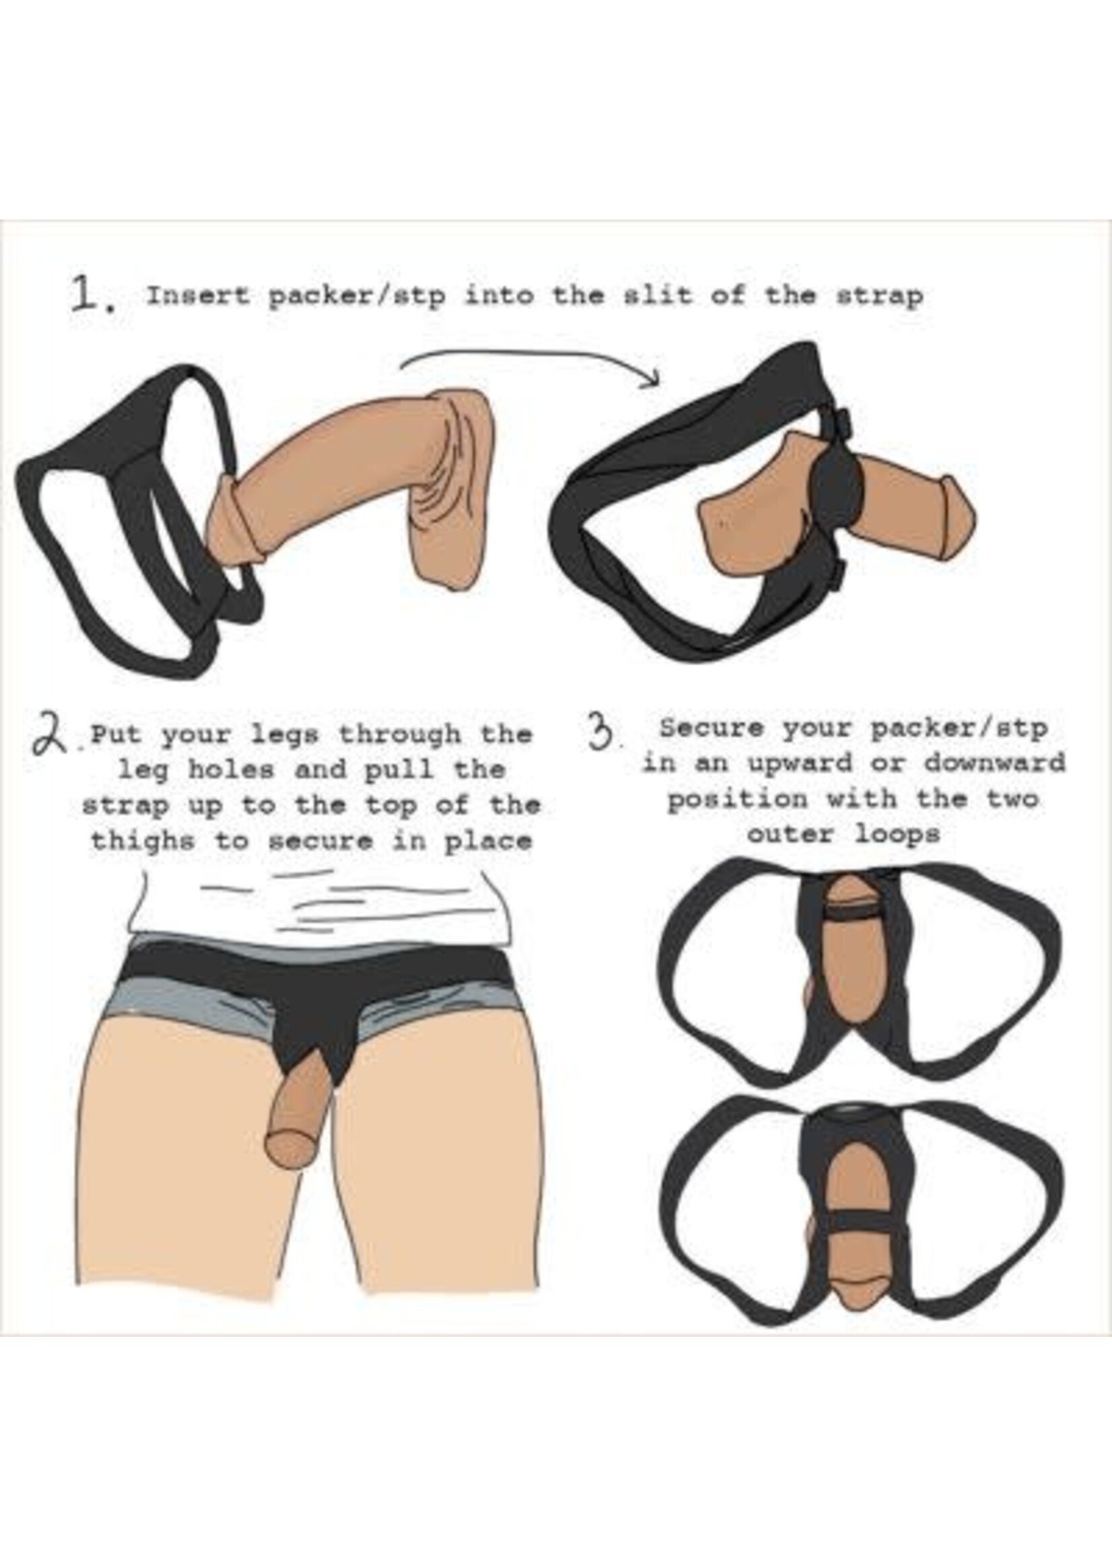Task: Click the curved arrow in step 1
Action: tap(527, 363)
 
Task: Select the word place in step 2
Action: tap(487, 841)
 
